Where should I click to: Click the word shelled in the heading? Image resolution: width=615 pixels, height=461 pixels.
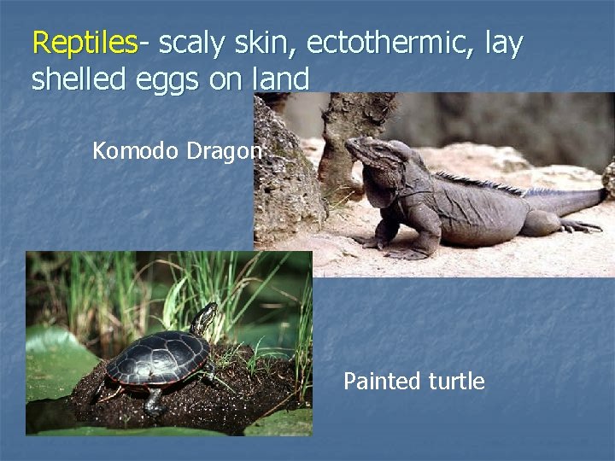click(79, 79)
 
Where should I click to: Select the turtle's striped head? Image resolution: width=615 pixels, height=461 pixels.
click(205, 320)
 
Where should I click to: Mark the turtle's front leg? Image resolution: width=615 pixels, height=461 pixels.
click(155, 400)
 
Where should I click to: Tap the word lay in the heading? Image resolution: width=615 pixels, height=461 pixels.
click(503, 43)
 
